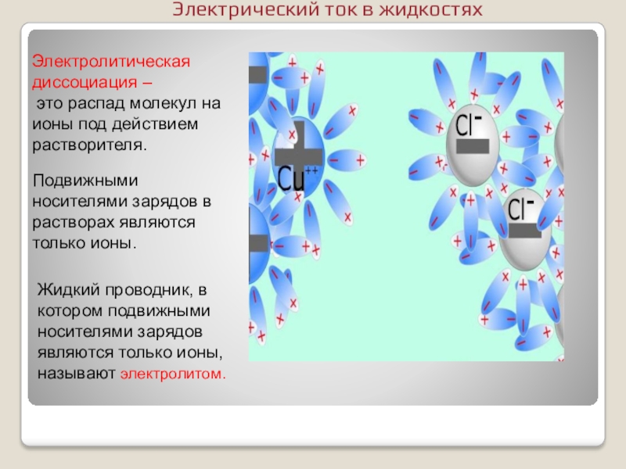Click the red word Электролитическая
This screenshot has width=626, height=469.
click(110, 62)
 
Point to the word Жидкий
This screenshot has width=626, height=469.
click(66, 291)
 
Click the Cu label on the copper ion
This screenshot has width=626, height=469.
click(291, 178)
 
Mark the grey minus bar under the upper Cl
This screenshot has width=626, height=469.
click(472, 146)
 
